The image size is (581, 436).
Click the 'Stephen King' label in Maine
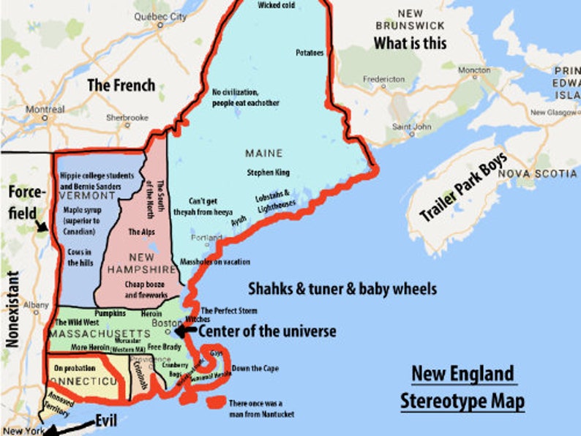tap(269, 173)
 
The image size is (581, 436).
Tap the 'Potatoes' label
tap(309, 53)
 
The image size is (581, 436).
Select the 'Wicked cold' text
tap(277, 5)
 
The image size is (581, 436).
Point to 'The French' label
tap(121, 85)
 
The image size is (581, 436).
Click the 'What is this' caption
tap(410, 43)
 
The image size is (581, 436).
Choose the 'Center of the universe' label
tap(268, 331)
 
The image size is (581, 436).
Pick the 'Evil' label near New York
tap(106, 421)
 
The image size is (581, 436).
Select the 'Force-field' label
tap(26, 201)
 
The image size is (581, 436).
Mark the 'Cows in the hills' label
tap(77, 255)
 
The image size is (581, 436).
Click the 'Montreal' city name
tap(45, 109)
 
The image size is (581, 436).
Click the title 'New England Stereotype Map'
tap(462, 387)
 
